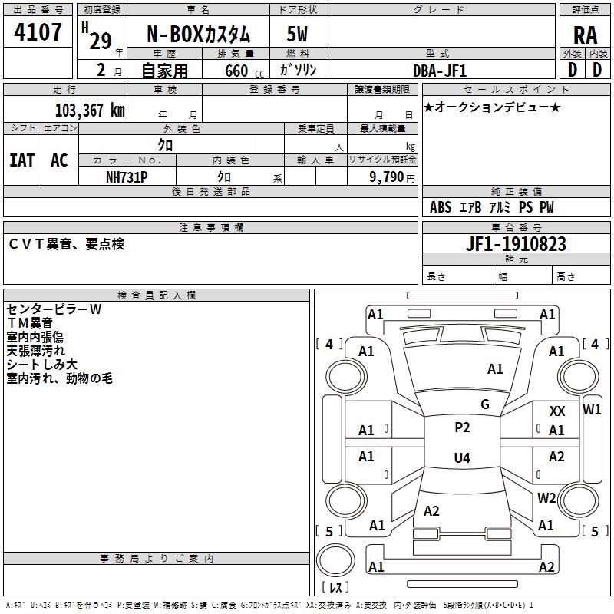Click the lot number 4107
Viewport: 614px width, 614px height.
click(x=38, y=32)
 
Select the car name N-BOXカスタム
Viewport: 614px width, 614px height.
click(x=198, y=35)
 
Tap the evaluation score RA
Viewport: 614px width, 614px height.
click(x=585, y=35)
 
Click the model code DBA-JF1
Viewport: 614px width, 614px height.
click(x=440, y=71)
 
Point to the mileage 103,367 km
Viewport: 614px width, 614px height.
click(x=89, y=110)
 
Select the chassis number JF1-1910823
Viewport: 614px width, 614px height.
click(x=516, y=244)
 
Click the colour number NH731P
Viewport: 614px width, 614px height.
click(x=127, y=176)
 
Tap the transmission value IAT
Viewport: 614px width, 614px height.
click(x=21, y=160)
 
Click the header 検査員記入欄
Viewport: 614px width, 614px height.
click(x=157, y=295)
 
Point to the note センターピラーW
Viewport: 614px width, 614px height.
click(x=54, y=309)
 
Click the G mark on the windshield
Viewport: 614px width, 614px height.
click(x=484, y=404)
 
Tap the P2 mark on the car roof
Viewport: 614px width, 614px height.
click(x=462, y=427)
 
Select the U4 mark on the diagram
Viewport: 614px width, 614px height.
click(x=462, y=458)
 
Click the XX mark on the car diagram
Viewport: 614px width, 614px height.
click(x=557, y=412)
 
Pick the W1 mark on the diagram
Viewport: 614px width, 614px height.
click(x=592, y=410)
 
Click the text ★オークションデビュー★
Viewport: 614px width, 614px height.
click(x=491, y=107)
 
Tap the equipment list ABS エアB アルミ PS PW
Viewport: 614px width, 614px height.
click(x=491, y=207)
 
